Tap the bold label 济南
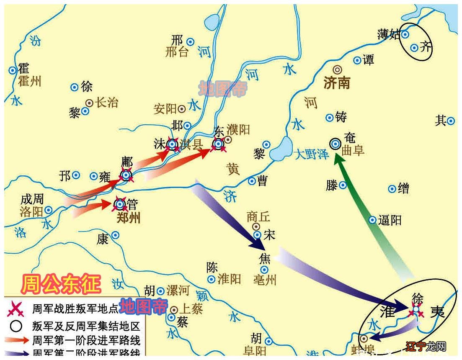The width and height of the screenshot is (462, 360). point(337,83)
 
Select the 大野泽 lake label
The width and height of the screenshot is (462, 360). point(312,154)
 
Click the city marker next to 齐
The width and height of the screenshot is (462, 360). point(414,48)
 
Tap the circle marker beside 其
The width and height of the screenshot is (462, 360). point(451,121)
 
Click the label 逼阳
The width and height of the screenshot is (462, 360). point(390,220)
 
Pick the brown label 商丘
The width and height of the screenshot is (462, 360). point(258,216)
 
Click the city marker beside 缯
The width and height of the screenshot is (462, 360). point(392,189)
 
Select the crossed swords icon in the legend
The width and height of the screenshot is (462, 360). point(16,309)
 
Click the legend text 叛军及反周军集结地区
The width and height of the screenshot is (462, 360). point(86,326)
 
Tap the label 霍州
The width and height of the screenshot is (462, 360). point(30,81)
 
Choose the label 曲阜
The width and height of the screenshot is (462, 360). point(353,150)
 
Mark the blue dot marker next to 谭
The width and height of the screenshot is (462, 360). point(357,60)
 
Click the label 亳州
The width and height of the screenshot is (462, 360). point(265,280)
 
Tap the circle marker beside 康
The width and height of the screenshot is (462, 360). point(115,235)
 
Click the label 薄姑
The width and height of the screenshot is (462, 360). point(389,35)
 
